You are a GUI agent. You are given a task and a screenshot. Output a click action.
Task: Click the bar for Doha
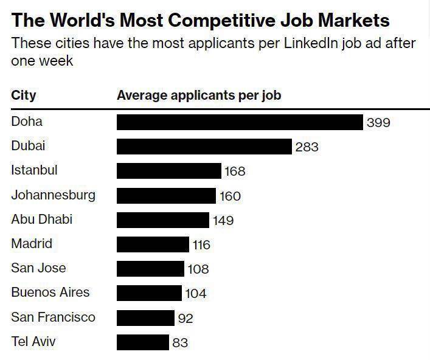pyautogui.click(x=240, y=122)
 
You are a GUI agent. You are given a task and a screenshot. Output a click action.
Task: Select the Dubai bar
pyautogui.click(x=204, y=147)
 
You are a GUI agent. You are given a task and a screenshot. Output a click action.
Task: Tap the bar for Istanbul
pyautogui.click(x=169, y=171)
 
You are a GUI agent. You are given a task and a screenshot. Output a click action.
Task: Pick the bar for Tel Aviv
pyautogui.click(x=143, y=342)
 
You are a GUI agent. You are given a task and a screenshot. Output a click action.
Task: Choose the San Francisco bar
pyautogui.click(x=145, y=317)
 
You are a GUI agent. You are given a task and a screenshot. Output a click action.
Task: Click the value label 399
pyautogui.click(x=378, y=123)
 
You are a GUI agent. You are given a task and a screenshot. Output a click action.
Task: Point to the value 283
pyautogui.click(x=307, y=147)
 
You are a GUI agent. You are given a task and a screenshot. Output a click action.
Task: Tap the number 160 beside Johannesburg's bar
pyautogui.click(x=230, y=196)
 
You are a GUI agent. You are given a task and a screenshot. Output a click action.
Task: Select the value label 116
pyautogui.click(x=201, y=245)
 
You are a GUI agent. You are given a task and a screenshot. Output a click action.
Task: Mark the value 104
pyautogui.click(x=196, y=294)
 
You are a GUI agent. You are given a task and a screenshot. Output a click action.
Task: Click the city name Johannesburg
pyautogui.click(x=53, y=195)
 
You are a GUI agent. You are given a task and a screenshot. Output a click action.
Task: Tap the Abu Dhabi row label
pyautogui.click(x=41, y=219)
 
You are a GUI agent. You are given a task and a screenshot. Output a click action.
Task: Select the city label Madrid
pyautogui.click(x=32, y=243)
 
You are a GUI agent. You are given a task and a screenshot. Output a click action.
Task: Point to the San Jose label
pyautogui.click(x=38, y=268)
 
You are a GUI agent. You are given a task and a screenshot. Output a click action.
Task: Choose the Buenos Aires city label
pyautogui.click(x=50, y=292)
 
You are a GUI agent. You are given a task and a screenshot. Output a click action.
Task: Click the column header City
pyautogui.click(x=24, y=95)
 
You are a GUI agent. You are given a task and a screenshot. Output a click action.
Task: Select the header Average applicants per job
pyautogui.click(x=199, y=95)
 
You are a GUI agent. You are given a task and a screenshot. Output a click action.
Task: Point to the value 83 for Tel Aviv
pyautogui.click(x=180, y=343)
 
